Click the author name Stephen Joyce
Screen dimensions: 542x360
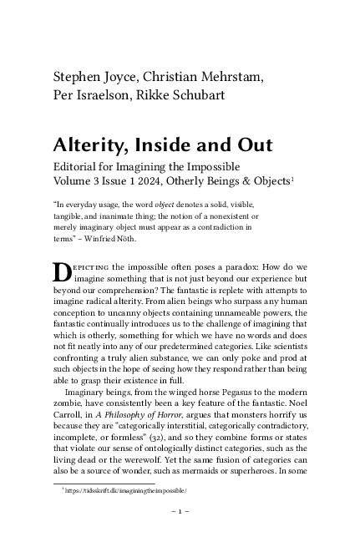pos(94,77)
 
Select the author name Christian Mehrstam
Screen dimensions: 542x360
pos(204,77)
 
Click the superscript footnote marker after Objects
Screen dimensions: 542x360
pos(290,177)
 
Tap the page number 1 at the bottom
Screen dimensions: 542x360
pos(180,510)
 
